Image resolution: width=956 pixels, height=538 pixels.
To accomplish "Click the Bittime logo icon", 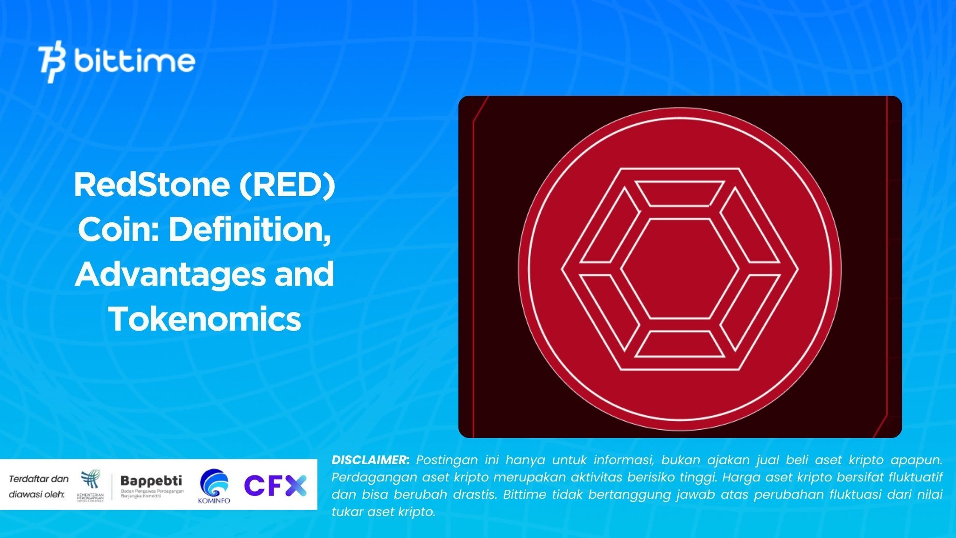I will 52,63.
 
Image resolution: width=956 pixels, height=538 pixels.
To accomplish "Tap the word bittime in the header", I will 134,62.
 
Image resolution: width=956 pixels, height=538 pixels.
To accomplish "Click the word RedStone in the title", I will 151,185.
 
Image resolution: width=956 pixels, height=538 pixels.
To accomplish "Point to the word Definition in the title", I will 249,230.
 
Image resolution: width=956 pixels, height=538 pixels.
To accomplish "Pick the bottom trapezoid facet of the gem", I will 679,344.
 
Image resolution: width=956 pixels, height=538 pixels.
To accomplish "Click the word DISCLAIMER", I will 370,460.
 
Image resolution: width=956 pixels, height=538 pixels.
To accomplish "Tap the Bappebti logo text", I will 151,481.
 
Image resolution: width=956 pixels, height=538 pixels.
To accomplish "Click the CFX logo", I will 275,485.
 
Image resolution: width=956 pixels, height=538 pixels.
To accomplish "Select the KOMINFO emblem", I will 214,486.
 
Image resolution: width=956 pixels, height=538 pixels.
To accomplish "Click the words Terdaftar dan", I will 38,479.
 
